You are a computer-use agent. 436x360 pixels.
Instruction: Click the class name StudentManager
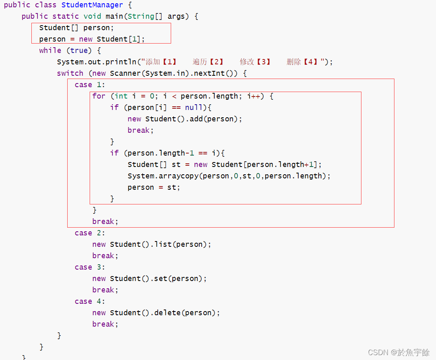click(x=92, y=5)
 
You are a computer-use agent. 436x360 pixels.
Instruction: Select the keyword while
click(x=50, y=50)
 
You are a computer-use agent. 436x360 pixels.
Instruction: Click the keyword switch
click(x=70, y=73)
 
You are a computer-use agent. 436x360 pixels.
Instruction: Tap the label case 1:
click(x=90, y=85)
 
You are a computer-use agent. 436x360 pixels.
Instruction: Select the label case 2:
click(x=90, y=233)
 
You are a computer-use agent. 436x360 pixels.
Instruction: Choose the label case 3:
click(x=90, y=267)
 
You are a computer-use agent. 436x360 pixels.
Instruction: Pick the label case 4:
click(x=90, y=301)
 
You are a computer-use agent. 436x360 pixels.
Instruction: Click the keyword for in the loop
click(x=99, y=96)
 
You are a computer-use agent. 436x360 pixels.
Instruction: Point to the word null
click(x=194, y=108)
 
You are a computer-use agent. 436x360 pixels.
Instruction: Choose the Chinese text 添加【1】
click(x=161, y=62)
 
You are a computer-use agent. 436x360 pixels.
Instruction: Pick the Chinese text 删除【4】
click(x=302, y=62)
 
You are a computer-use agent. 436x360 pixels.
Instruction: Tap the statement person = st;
click(x=154, y=187)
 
